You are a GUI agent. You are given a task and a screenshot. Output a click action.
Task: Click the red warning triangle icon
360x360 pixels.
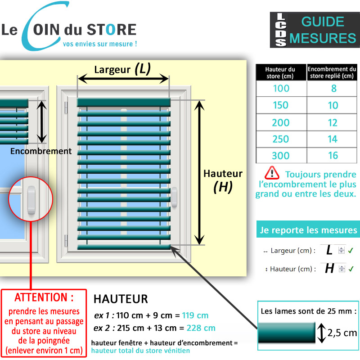[x=272, y=173]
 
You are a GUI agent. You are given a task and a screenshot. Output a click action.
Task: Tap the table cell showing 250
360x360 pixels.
[x=281, y=139]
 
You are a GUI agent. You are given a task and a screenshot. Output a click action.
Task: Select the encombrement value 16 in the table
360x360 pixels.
[x=333, y=156]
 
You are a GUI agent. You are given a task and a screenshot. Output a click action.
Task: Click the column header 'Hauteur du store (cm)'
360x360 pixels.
[x=280, y=72]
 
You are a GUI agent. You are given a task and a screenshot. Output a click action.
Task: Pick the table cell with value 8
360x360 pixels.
[x=333, y=88]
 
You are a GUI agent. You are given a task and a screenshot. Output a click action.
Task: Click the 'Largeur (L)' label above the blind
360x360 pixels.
[x=122, y=69]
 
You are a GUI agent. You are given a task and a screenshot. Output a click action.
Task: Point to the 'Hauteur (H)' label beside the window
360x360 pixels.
[x=223, y=180]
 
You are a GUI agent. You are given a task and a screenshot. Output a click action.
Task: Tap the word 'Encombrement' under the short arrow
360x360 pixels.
[x=41, y=151]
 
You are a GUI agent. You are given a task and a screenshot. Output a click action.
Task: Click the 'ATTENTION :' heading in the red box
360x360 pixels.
[x=44, y=297]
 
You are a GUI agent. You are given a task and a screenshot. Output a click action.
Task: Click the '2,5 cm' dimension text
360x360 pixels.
[x=342, y=333]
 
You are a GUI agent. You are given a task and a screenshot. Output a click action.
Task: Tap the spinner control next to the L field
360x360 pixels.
[x=342, y=251]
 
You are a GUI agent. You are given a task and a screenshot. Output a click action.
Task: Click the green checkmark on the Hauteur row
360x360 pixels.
[x=351, y=269]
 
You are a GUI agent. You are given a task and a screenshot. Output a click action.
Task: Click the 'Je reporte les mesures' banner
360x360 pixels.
[x=308, y=231]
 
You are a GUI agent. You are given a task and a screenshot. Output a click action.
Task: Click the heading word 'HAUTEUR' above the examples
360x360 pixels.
[x=121, y=299]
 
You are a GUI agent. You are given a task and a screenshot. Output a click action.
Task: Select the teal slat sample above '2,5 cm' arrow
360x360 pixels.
[x=286, y=333]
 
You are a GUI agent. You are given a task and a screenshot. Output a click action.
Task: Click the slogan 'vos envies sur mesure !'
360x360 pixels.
[x=100, y=44]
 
